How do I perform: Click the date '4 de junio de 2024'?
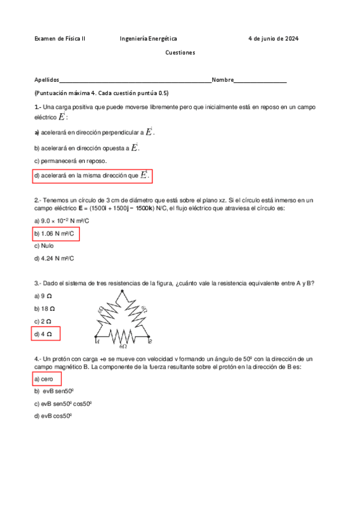(x=273, y=38)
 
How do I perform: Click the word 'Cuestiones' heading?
(x=180, y=53)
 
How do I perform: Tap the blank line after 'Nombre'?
(x=260, y=80)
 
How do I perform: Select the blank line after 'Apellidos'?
(x=135, y=80)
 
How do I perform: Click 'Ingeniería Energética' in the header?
(x=148, y=38)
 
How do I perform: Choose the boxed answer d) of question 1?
(x=92, y=176)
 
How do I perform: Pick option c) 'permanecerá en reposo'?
(x=71, y=161)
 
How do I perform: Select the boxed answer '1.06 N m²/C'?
(x=56, y=233)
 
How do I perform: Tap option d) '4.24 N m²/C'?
(x=55, y=259)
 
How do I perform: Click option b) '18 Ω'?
(x=46, y=309)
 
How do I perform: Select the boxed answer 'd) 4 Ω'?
(x=46, y=334)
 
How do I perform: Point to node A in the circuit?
(x=96, y=339)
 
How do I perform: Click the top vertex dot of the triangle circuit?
(x=123, y=291)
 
